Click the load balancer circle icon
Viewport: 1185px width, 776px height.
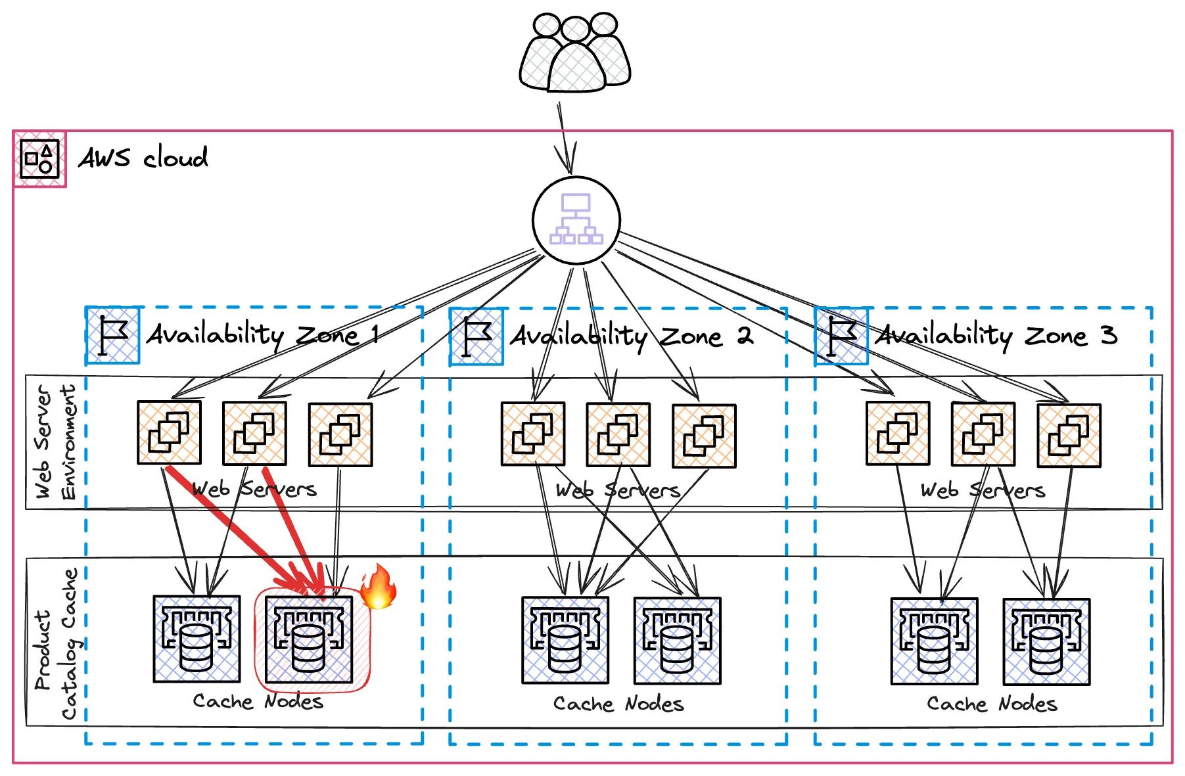tap(576, 220)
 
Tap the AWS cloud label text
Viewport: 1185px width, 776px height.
tap(143, 158)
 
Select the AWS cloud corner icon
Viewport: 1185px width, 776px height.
tap(39, 159)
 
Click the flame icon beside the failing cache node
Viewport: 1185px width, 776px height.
tap(379, 586)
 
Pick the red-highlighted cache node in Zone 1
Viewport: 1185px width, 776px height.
tap(308, 639)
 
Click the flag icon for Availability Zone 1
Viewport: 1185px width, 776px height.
tap(113, 335)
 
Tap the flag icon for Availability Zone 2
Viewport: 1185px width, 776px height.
tap(476, 337)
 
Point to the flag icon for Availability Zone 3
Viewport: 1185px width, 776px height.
tap(841, 336)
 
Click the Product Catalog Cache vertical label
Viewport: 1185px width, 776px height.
tap(56, 644)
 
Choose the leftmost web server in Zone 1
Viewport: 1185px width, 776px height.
tap(169, 432)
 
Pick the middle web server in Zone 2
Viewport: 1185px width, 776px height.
tap(618, 435)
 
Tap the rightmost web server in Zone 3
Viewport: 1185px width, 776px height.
tap(1069, 436)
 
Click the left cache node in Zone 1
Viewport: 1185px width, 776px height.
tap(196, 639)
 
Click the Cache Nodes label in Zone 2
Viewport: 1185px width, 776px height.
tap(618, 704)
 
